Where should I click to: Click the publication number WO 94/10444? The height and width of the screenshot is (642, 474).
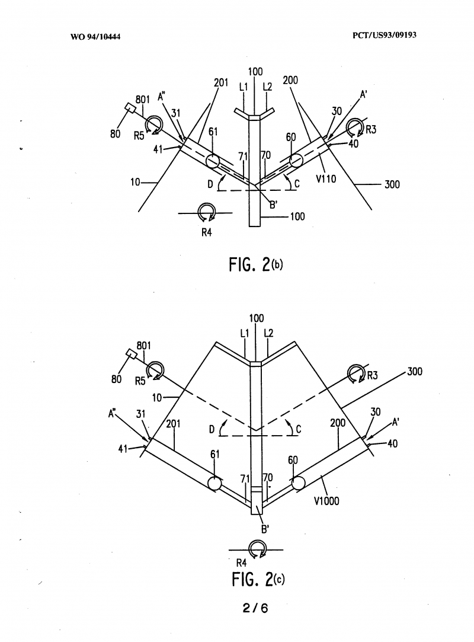[95, 37]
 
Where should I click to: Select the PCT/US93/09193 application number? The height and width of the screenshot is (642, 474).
[385, 35]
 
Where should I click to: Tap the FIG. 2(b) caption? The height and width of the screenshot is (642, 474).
[256, 265]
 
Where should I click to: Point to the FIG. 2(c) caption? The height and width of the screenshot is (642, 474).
[258, 579]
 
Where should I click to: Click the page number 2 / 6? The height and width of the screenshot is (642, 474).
[255, 608]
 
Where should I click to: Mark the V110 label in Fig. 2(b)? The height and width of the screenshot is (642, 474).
[326, 178]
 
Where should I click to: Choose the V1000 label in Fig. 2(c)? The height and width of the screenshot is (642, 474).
[326, 501]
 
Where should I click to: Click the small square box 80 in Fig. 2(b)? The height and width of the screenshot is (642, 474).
[130, 108]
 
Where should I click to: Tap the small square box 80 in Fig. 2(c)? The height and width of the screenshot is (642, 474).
[132, 353]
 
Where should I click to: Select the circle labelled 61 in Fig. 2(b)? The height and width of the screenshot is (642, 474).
[213, 161]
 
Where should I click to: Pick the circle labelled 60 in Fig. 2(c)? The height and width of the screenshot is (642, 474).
[298, 484]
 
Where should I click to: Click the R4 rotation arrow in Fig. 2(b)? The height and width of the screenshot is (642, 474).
[206, 212]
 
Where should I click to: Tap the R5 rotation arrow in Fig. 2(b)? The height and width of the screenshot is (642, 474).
[153, 124]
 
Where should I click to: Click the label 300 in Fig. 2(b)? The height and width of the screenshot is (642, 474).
[392, 184]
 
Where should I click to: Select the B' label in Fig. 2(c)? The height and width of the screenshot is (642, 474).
[265, 529]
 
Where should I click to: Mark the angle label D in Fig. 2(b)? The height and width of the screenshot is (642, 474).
[210, 184]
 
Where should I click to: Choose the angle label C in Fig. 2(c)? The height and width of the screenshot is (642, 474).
[299, 430]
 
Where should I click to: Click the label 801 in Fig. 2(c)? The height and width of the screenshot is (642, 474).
[143, 346]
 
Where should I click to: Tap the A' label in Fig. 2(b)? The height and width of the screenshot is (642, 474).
[363, 95]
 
